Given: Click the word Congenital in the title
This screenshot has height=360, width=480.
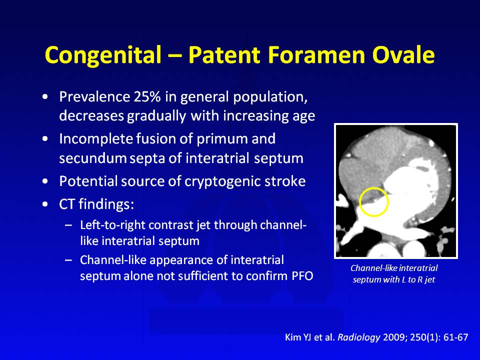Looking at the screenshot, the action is pyautogui.click(x=103, y=55).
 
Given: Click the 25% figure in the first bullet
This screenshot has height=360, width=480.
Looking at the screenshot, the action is pyautogui.click(x=147, y=96).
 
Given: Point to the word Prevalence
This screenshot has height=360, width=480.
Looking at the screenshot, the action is pyautogui.click(x=94, y=96).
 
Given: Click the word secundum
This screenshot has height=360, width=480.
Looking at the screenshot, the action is pyautogui.click(x=93, y=158).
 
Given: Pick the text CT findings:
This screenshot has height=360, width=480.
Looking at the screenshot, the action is pyautogui.click(x=96, y=204).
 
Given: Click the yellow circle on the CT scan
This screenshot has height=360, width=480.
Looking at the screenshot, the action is pyautogui.click(x=359, y=202).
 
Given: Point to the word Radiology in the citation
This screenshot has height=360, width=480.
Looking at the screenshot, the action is pyautogui.click(x=358, y=337).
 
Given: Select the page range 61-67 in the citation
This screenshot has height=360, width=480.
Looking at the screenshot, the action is pyautogui.click(x=456, y=337).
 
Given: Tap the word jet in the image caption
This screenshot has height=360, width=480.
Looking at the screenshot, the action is pyautogui.click(x=430, y=280).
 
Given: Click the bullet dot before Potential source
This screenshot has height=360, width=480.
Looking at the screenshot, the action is pyautogui.click(x=45, y=181).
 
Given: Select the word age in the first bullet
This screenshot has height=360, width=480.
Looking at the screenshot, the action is pyautogui.click(x=303, y=116).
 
